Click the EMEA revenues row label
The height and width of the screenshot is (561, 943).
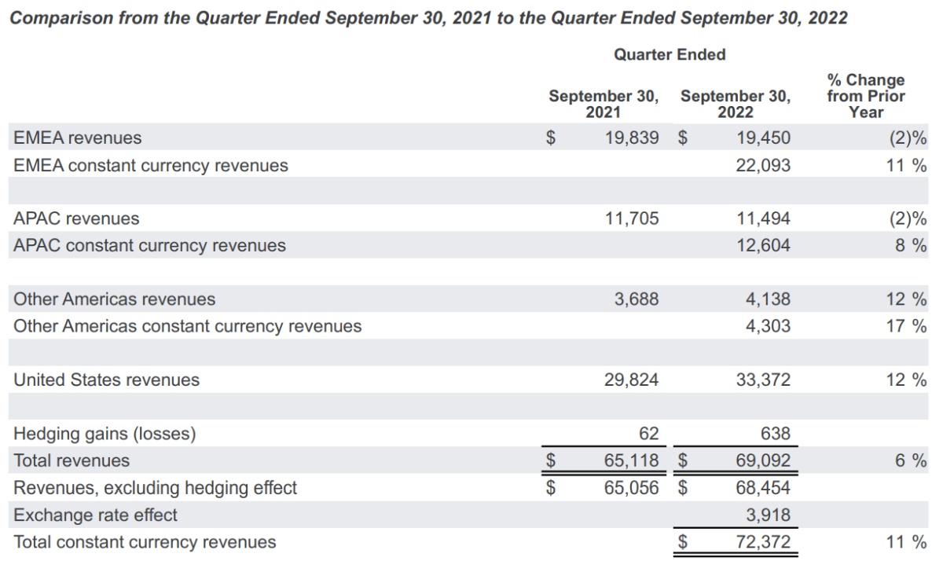click(x=78, y=138)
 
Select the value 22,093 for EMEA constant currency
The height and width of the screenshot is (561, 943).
click(x=763, y=166)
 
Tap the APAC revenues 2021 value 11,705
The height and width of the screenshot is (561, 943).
click(x=632, y=218)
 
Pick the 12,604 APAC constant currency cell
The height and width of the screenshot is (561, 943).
click(x=763, y=245)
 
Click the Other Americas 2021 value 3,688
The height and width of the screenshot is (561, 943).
click(x=637, y=299)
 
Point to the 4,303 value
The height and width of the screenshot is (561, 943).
click(x=768, y=326)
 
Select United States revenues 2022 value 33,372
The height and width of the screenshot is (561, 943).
click(x=763, y=380)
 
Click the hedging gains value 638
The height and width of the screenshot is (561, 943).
click(x=775, y=434)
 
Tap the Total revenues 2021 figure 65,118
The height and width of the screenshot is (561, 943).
click(x=632, y=460)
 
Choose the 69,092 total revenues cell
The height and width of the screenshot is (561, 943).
click(x=763, y=460)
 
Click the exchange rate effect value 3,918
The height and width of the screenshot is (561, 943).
click(x=768, y=515)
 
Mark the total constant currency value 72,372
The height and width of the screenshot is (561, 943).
click(x=763, y=542)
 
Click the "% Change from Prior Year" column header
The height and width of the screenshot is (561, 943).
click(x=865, y=96)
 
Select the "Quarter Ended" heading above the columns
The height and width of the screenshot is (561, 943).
click(x=670, y=55)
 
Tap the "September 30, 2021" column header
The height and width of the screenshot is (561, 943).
click(x=604, y=104)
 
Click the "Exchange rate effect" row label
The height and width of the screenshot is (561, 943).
click(x=95, y=515)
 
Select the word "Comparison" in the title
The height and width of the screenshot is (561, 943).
click(x=57, y=18)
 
